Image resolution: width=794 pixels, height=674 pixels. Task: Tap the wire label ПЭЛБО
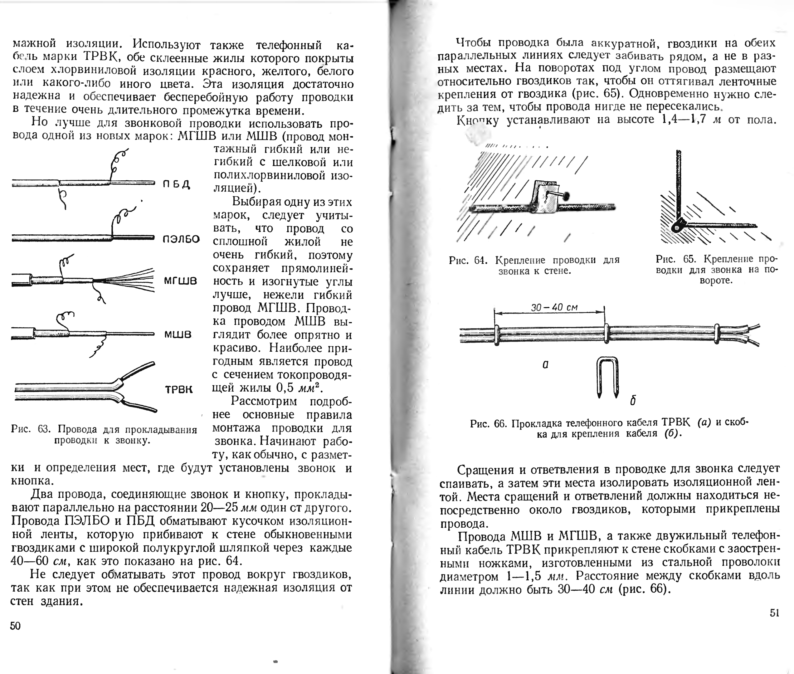click(181, 239)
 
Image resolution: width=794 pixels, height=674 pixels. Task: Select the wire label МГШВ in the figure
click(180, 281)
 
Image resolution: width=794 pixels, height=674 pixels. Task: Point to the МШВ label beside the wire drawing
click(178, 334)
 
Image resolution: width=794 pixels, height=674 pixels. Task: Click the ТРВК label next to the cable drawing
click(179, 390)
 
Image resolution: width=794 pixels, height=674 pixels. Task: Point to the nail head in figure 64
click(566, 196)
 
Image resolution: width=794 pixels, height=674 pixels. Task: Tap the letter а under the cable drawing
click(545, 364)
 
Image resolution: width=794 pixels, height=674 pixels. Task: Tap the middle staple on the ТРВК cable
click(606, 333)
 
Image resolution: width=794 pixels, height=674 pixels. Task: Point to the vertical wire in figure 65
click(679, 183)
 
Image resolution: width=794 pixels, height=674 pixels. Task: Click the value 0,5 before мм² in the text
click(285, 388)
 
